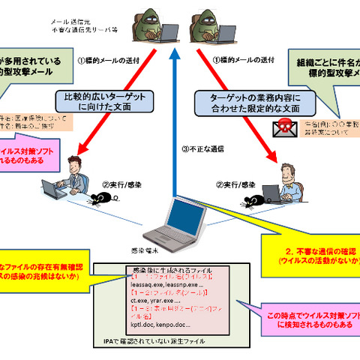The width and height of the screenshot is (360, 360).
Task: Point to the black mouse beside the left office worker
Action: (x=100, y=198)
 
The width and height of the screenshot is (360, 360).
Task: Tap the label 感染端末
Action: (x=130, y=250)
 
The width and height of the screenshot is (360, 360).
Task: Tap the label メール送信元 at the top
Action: (x=78, y=23)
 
